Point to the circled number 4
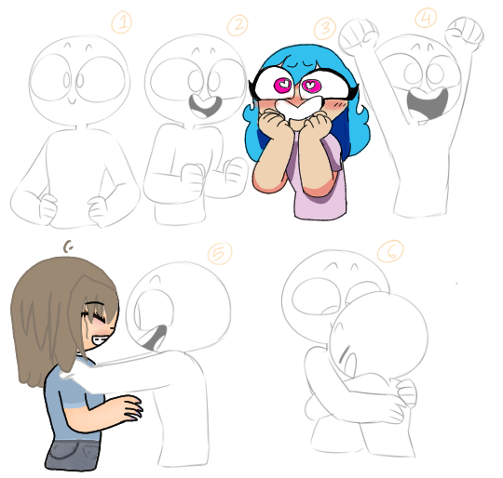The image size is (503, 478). coord(426,19)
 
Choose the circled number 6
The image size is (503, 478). coord(387,250)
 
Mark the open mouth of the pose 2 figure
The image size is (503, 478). coord(201,99)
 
